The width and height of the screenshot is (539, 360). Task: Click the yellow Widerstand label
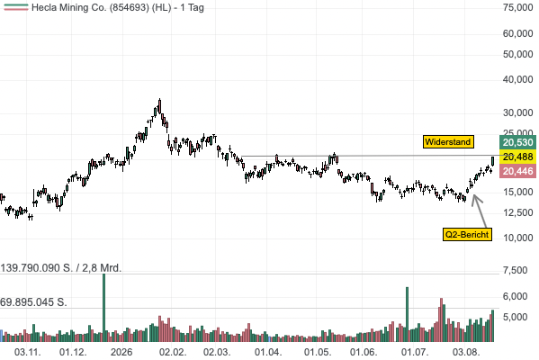click(448, 142)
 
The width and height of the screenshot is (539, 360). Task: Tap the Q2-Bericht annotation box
click(467, 235)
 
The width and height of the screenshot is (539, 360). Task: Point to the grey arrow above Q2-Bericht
click(480, 211)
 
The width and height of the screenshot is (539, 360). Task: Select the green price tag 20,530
click(517, 142)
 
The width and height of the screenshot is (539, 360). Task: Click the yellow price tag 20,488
click(517, 157)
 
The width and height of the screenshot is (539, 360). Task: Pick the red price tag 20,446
click(517, 171)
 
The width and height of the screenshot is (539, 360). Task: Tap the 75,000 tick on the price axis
click(517, 7)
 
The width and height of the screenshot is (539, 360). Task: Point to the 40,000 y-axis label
click(517, 79)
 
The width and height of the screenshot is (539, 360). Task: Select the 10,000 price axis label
click(517, 238)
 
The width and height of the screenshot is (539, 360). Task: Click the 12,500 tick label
click(517, 212)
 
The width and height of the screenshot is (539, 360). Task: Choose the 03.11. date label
click(28, 353)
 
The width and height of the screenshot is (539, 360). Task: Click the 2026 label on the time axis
click(121, 353)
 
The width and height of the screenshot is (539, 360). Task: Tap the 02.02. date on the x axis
click(173, 353)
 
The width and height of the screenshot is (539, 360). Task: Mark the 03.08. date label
click(466, 353)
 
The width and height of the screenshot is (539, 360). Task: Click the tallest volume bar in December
click(103, 308)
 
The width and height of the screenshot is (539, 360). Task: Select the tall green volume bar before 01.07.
click(408, 314)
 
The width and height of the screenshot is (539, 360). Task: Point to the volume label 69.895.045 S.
click(33, 302)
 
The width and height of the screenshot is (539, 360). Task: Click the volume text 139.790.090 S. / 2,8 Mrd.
click(61, 268)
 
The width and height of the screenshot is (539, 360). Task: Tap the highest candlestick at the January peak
click(159, 106)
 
